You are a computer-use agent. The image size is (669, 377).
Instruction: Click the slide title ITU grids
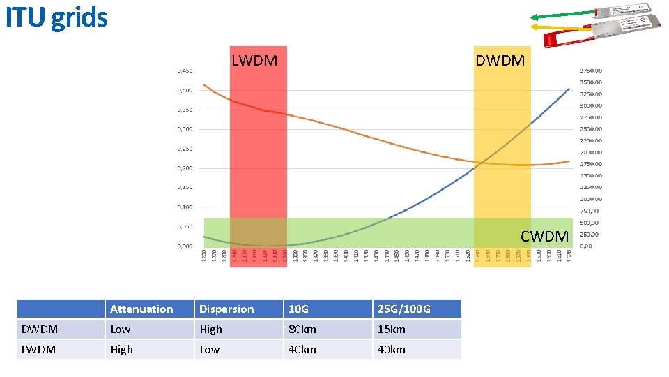(x=56, y=17)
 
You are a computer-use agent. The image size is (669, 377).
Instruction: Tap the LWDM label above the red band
(x=254, y=61)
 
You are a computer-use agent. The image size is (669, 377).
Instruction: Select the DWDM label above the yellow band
(x=500, y=61)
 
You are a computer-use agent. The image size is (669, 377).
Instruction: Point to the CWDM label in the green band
(x=544, y=237)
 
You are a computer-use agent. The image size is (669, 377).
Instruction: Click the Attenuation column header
(x=141, y=309)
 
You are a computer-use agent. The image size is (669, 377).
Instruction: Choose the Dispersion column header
(x=226, y=309)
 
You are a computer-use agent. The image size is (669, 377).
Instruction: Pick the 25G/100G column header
(x=404, y=309)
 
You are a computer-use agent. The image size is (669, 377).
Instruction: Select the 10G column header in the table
(x=298, y=309)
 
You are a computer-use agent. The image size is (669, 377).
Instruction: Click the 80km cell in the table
(x=302, y=329)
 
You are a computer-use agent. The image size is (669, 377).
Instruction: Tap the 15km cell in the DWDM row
(x=391, y=329)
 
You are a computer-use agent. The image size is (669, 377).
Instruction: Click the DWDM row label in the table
(x=40, y=329)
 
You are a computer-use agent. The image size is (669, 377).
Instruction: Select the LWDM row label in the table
(x=39, y=349)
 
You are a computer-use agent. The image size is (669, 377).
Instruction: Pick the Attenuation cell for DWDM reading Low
(x=121, y=329)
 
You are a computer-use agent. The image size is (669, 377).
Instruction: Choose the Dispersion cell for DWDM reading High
(x=210, y=329)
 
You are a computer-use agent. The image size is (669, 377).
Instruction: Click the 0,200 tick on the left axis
(x=185, y=168)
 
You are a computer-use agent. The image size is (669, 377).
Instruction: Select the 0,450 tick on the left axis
(x=185, y=71)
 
